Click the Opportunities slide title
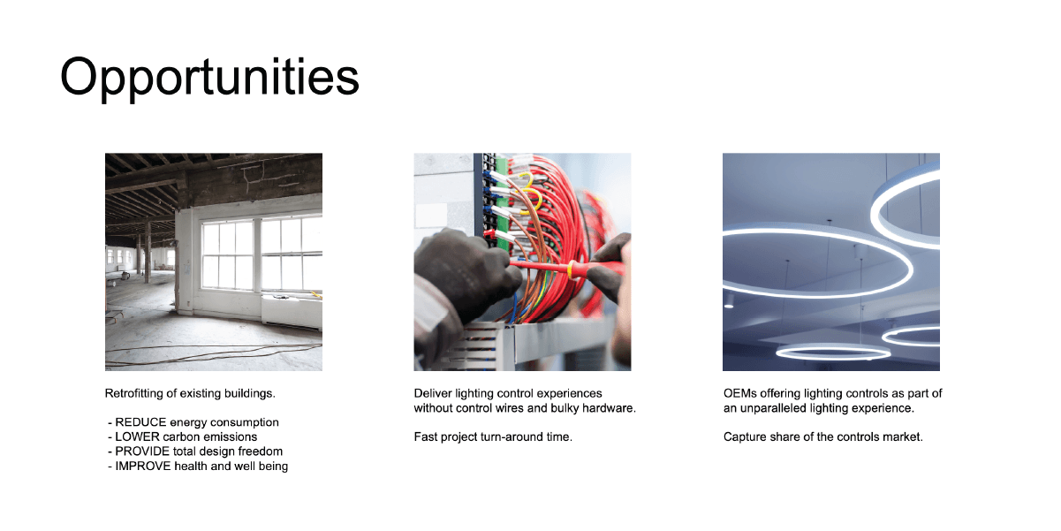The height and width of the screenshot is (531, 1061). pyautogui.click(x=209, y=78)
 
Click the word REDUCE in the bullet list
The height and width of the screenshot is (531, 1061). pyautogui.click(x=140, y=422)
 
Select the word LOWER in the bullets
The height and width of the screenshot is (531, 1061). pyautogui.click(x=137, y=436)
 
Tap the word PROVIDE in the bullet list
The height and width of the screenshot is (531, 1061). pyautogui.click(x=142, y=451)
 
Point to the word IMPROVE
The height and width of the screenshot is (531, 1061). pyautogui.click(x=142, y=467)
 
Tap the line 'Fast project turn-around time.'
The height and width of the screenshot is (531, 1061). pyautogui.click(x=493, y=436)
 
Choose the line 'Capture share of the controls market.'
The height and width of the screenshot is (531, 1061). pyautogui.click(x=823, y=436)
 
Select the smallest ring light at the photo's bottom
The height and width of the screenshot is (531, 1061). pyautogui.click(x=833, y=352)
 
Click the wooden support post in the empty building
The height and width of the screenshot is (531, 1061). pyautogui.click(x=148, y=252)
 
